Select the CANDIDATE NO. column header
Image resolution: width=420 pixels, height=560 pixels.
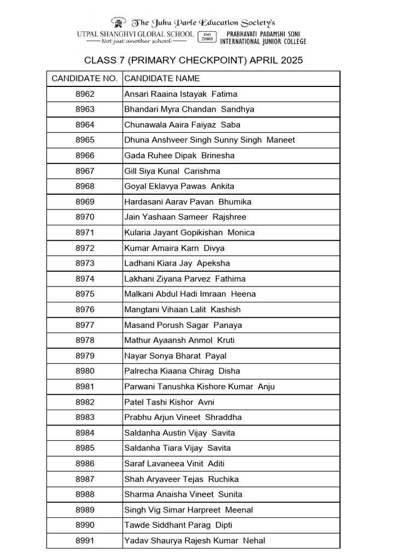pos(85,79)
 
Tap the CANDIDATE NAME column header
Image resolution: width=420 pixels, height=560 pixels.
pos(162,79)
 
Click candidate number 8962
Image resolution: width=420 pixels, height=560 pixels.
pos(85,94)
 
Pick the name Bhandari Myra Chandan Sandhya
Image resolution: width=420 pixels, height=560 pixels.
pos(189,109)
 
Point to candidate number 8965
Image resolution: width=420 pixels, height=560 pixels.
pos(85,140)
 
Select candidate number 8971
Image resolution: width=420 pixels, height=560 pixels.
pos(85,232)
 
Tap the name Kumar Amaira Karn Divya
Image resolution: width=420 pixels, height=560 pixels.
pos(174,248)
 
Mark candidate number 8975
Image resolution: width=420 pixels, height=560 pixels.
pos(85,294)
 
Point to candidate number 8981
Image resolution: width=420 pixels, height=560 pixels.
pos(85,387)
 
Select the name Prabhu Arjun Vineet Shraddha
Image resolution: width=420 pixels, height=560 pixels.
pos(183,417)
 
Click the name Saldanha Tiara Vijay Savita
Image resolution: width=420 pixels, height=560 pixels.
pos(178,448)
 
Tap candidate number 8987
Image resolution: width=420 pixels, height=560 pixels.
pos(85,479)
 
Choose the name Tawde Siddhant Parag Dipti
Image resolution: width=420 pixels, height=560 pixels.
pos(178,525)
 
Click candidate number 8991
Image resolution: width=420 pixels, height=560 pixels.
pos(85,540)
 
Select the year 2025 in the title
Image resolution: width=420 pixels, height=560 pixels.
pos(291,60)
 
